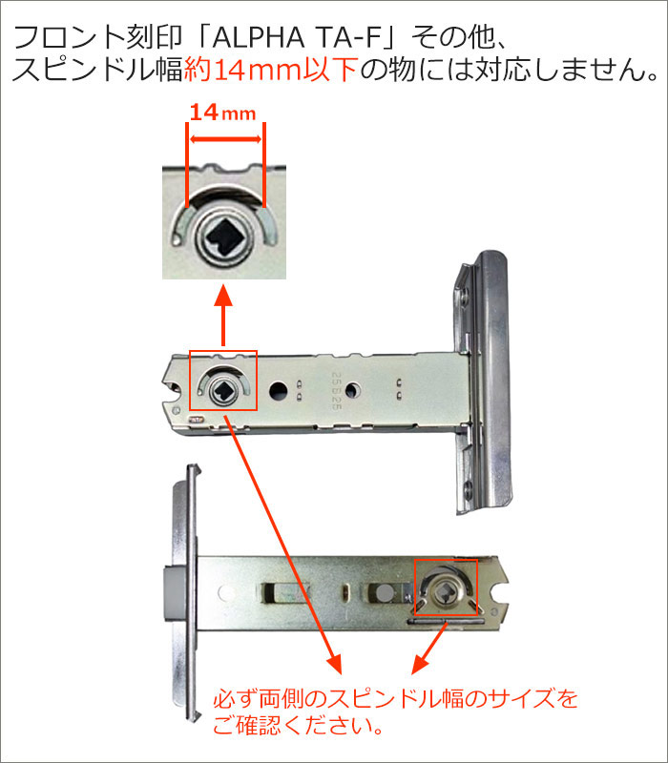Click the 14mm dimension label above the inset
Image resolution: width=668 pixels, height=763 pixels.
pyautogui.click(x=222, y=113)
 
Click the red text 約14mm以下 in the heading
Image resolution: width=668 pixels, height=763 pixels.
pyautogui.click(x=272, y=70)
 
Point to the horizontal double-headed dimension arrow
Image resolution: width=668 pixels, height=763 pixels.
pyautogui.click(x=225, y=139)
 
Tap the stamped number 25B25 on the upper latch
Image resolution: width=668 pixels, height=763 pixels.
pyautogui.click(x=336, y=391)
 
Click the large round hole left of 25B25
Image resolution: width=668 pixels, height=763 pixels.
pyautogui.click(x=278, y=390)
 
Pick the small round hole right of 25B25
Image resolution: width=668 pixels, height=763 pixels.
pyautogui.click(x=352, y=390)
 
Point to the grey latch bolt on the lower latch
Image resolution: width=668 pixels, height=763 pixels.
pyautogui.click(x=173, y=595)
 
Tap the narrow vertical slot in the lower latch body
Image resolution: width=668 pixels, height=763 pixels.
pyautogui.click(x=344, y=591)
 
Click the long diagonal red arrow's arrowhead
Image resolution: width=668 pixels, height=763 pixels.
pyautogui.click(x=335, y=664)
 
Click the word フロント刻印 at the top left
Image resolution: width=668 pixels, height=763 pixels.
pyautogui.click(x=97, y=38)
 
